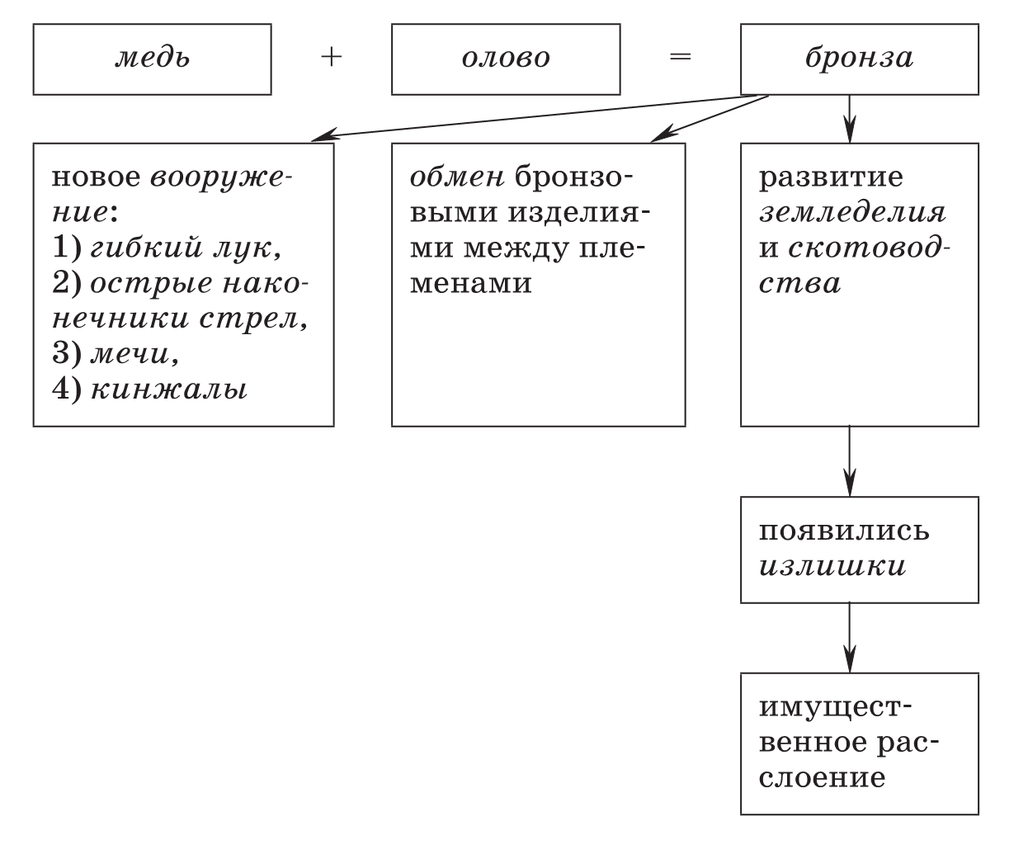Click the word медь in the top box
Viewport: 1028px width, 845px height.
pyautogui.click(x=153, y=58)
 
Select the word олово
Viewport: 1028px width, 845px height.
pyautogui.click(x=506, y=58)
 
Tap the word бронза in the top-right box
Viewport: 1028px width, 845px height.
pyautogui.click(x=860, y=58)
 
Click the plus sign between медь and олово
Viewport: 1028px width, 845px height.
pyautogui.click(x=332, y=58)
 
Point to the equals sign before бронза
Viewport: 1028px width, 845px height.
pyautogui.click(x=681, y=57)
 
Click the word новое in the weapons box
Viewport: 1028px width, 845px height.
pyautogui.click(x=96, y=177)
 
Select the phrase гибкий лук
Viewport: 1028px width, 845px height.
pyautogui.click(x=186, y=248)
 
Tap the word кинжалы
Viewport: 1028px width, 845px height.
pyautogui.click(x=169, y=389)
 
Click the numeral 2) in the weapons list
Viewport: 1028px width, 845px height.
pyautogui.click(x=67, y=283)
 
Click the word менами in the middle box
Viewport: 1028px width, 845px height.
pyautogui.click(x=470, y=283)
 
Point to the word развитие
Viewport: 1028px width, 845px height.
pyautogui.click(x=831, y=178)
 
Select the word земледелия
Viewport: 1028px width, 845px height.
pyautogui.click(x=852, y=214)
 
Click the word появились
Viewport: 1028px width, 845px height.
pyautogui.click(x=844, y=531)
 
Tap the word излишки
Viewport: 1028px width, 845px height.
pyautogui.click(x=832, y=567)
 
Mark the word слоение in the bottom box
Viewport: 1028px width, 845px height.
pyautogui.click(x=822, y=777)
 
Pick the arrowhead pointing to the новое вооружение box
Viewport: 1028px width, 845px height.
pyautogui.click(x=323, y=135)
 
